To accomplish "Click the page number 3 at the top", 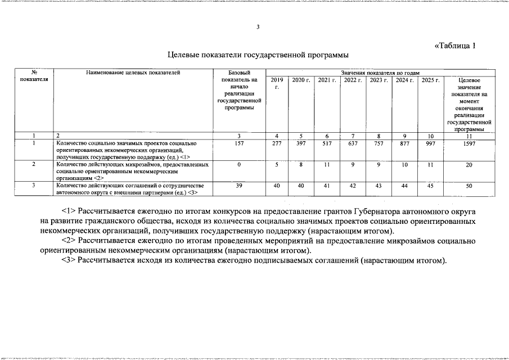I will click(x=258, y=27).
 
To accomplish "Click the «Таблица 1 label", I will click(x=456, y=46).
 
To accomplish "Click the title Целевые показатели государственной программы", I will click(x=258, y=56).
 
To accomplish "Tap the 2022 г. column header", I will click(x=353, y=80).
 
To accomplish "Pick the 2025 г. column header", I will click(x=431, y=80).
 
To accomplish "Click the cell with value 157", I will click(x=239, y=144).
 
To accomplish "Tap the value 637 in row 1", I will click(x=353, y=144).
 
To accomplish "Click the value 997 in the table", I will click(x=431, y=144).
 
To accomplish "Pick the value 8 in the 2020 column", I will click(x=301, y=165).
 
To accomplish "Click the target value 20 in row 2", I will click(x=469, y=165).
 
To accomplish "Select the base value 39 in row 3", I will click(x=239, y=185).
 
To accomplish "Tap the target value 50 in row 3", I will click(x=469, y=185).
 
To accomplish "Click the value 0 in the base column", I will click(x=239, y=165).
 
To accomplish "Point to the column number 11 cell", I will click(x=469, y=136).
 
